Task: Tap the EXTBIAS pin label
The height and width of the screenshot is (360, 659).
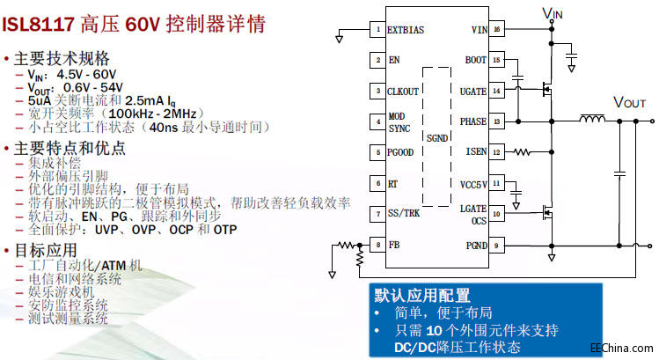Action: coord(406,30)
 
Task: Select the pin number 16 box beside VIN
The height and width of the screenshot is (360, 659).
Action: coord(497,30)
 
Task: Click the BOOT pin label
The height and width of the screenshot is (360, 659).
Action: coord(475,60)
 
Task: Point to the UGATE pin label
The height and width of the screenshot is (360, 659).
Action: coord(472,91)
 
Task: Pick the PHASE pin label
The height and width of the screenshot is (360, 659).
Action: coord(472,121)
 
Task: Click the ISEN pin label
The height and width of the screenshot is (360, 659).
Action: coord(475,151)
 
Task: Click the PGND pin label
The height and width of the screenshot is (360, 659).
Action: coord(475,245)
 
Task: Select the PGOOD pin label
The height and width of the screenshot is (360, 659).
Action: coord(401,151)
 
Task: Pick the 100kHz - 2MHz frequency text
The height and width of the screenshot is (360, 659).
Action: coord(147,114)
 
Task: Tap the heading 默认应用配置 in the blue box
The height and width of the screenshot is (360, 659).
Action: coord(422,295)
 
